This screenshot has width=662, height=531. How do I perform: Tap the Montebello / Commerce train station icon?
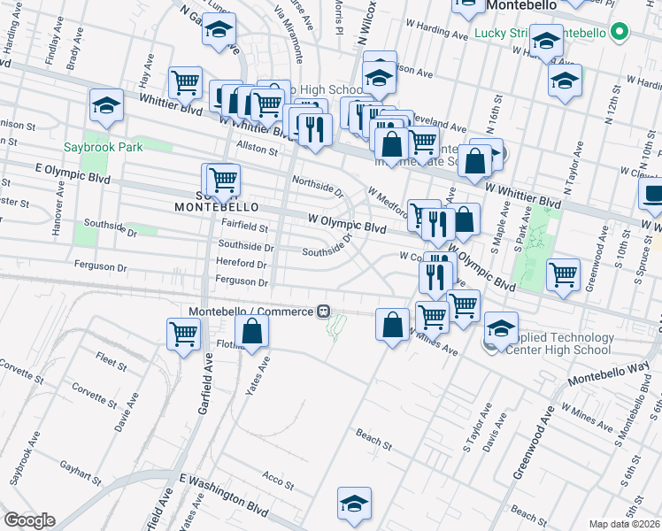click(x=325, y=312)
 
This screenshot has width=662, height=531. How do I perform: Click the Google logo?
click(x=29, y=520)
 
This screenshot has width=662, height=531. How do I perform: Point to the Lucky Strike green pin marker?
click(x=620, y=34)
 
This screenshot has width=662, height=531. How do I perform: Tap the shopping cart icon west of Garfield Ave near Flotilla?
click(x=183, y=335)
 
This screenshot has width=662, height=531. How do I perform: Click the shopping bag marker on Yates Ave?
click(x=252, y=332)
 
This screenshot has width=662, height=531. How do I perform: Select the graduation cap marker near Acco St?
click(x=354, y=504)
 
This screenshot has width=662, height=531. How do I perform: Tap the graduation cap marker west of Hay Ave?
click(x=106, y=106)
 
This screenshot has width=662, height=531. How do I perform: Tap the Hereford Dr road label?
click(x=242, y=265)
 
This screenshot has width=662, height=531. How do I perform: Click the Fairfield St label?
click(x=244, y=227)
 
